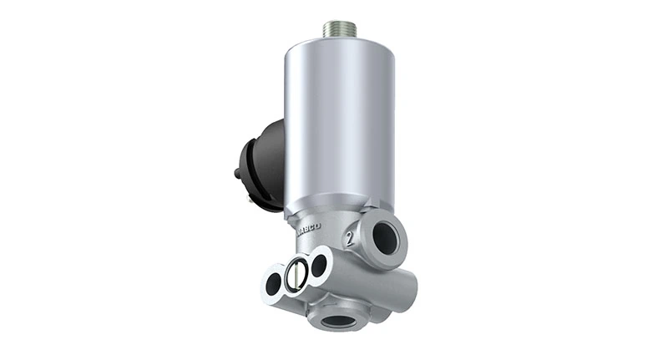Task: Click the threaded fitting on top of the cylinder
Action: click(x=340, y=28)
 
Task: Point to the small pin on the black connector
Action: click(x=238, y=175)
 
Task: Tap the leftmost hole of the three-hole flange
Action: click(x=273, y=285)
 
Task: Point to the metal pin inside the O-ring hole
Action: click(x=296, y=276)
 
